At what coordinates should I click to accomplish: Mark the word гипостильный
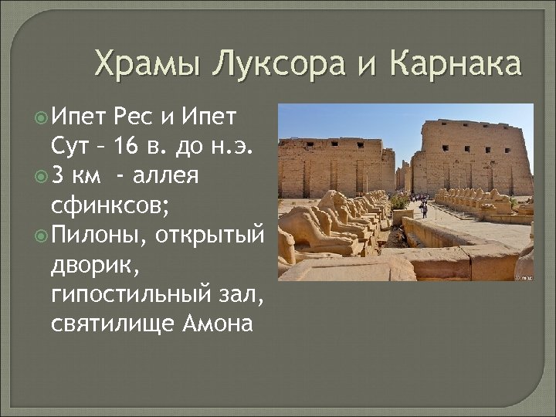point(120,293)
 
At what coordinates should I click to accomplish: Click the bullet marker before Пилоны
point(40,234)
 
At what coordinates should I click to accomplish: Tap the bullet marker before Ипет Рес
point(40,117)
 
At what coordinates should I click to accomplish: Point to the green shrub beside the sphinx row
point(399,202)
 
